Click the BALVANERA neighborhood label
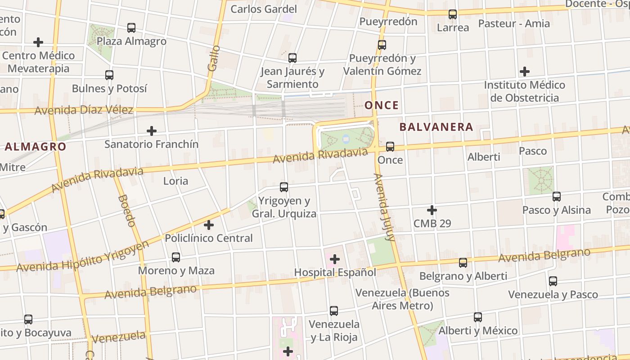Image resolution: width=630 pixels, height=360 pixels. click(x=436, y=127)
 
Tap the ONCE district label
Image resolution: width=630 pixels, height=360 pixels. click(x=382, y=105)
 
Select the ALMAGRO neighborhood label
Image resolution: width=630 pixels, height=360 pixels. click(x=36, y=146)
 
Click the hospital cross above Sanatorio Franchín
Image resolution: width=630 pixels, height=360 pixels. click(x=152, y=131)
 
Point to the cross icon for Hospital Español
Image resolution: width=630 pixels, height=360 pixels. click(x=335, y=259)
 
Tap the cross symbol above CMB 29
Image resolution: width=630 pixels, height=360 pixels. click(x=432, y=210)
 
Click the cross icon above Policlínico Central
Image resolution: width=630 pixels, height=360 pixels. click(x=209, y=225)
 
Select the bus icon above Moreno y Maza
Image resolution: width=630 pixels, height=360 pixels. click(x=176, y=257)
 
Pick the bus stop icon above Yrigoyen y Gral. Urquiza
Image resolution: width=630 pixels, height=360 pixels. click(x=284, y=187)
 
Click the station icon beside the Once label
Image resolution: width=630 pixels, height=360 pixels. click(x=390, y=147)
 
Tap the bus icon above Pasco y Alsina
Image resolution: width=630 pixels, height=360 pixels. click(x=557, y=197)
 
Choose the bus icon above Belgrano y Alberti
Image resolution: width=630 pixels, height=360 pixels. click(x=463, y=263)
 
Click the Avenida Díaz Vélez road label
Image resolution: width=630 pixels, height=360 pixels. click(x=84, y=110)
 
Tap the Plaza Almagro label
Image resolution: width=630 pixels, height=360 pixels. click(x=131, y=41)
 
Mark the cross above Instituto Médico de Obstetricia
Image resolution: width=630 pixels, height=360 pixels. click(x=524, y=72)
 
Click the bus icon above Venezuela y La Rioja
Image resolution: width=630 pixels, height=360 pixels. click(x=334, y=311)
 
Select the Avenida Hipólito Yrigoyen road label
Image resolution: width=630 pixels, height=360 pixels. click(x=83, y=258)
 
